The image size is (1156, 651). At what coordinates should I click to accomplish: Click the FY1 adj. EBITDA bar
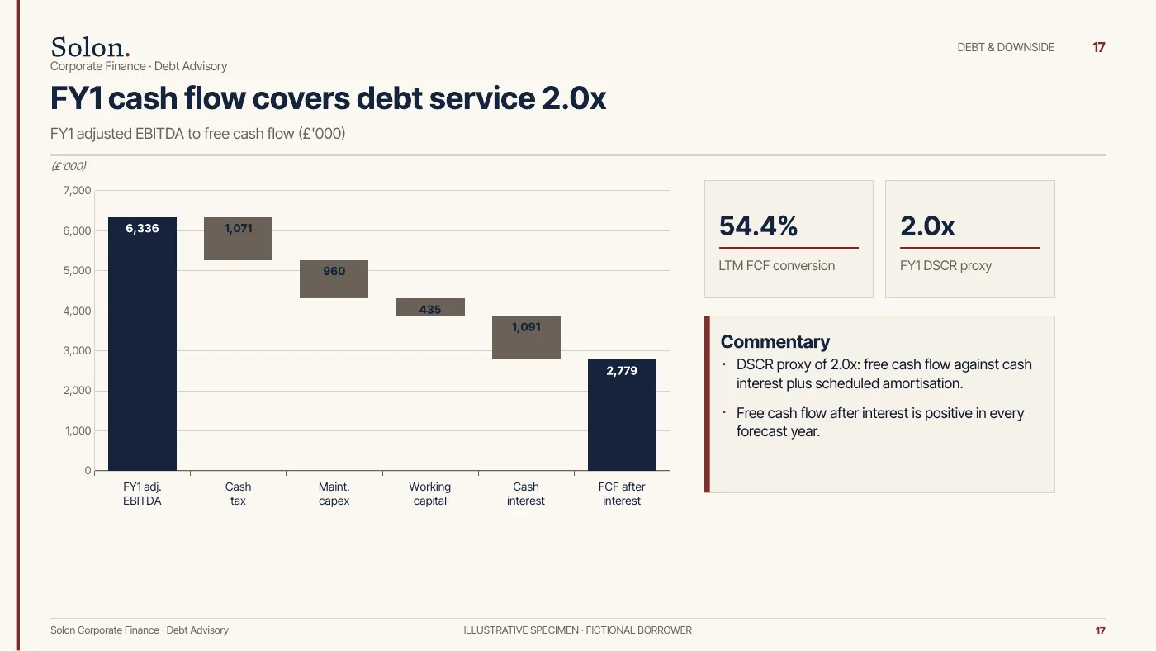coord(142,344)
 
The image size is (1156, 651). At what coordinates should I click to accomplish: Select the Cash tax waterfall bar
coord(238,239)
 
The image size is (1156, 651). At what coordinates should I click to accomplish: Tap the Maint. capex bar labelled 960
coord(334,279)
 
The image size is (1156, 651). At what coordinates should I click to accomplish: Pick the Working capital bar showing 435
coord(430,307)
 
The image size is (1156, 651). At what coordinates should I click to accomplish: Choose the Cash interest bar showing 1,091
coord(527,338)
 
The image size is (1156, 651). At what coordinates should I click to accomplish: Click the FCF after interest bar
coord(622,415)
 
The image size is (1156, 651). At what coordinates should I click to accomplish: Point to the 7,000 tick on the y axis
coord(77,191)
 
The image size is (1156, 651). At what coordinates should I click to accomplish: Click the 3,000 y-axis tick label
coord(77,350)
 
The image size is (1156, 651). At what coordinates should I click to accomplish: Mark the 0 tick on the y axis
coord(88,470)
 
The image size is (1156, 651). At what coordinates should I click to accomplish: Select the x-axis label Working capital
coord(430,493)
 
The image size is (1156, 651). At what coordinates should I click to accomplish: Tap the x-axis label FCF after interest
coord(622,493)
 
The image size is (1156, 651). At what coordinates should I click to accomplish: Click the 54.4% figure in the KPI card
coord(758,226)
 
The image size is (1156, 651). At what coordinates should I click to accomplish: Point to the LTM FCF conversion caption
coord(777,265)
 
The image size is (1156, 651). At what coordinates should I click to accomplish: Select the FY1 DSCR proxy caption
coord(946,265)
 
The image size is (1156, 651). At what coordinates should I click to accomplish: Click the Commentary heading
coord(775,342)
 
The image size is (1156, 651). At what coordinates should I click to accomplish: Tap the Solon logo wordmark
coord(90,47)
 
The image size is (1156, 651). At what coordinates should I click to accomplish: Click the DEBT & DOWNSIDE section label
coord(1006,47)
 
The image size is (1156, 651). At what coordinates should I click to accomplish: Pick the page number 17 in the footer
coord(1100,631)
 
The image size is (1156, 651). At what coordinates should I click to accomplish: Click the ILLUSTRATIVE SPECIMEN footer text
coord(521,630)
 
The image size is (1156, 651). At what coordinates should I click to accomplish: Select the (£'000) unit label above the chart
coord(69,166)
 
